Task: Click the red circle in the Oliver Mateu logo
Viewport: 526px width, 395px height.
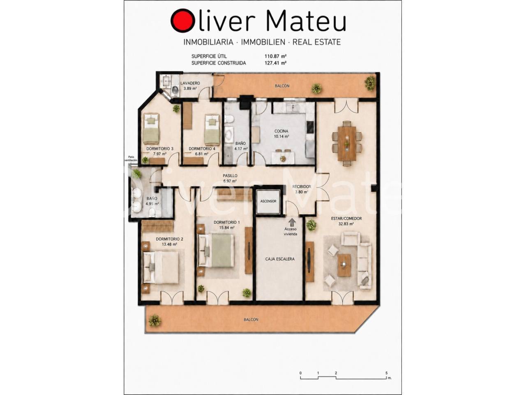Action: coord(182,21)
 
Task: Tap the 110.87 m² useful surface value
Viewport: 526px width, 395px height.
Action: coord(276,56)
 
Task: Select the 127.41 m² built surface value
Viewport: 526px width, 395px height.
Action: coord(276,63)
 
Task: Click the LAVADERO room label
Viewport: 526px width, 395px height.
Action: coord(190,83)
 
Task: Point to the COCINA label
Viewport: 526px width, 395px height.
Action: coord(281,131)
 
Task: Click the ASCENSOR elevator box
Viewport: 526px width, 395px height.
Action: coord(268,202)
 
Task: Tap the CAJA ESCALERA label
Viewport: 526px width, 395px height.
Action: coord(280,259)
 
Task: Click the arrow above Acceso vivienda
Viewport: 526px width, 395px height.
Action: coord(292,222)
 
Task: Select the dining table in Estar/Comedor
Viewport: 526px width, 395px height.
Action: coord(347,144)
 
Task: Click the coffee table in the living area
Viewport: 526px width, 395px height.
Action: coord(344,265)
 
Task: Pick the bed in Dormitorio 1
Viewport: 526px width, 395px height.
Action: coord(217,251)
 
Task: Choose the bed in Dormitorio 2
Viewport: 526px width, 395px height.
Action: coord(161,267)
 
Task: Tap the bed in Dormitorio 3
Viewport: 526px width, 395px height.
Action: coord(151,128)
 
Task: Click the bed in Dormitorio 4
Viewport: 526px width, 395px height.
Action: coord(212,130)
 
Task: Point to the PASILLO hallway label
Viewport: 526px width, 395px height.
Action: coord(230,176)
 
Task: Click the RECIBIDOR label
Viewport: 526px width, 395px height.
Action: coord(302,186)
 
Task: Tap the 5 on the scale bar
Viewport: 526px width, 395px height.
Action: coord(386,373)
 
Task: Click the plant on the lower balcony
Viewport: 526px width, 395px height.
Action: coord(155,321)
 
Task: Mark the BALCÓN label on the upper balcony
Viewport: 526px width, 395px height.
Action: coord(282,86)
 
